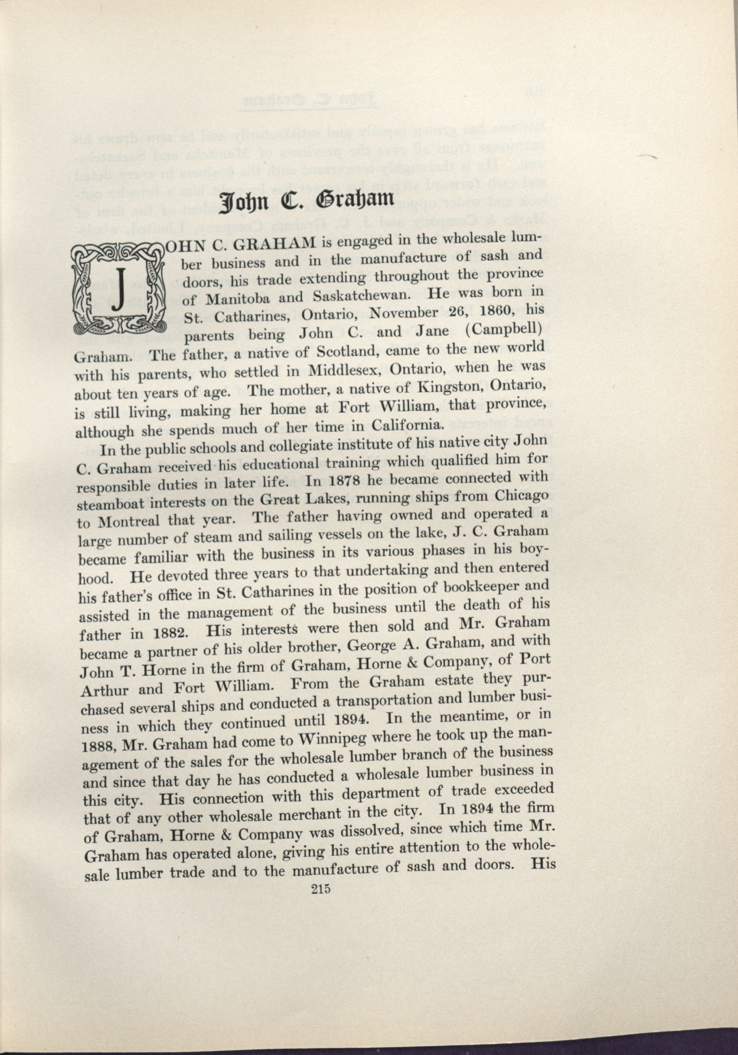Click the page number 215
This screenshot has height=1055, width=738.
[321, 1026]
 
